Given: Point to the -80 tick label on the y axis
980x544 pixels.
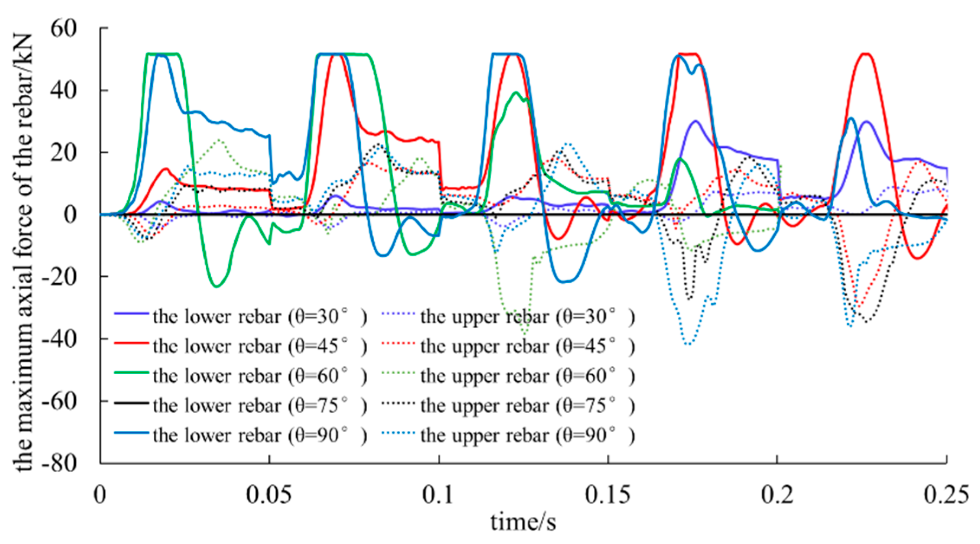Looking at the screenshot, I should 59,464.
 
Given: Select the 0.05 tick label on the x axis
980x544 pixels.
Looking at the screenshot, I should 269,495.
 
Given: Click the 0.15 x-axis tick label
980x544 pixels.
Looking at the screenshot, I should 608,495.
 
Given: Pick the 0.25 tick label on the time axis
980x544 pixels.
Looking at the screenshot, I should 946,495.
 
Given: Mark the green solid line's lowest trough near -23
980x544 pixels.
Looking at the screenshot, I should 217,286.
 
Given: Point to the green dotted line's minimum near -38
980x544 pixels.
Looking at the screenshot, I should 524,334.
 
